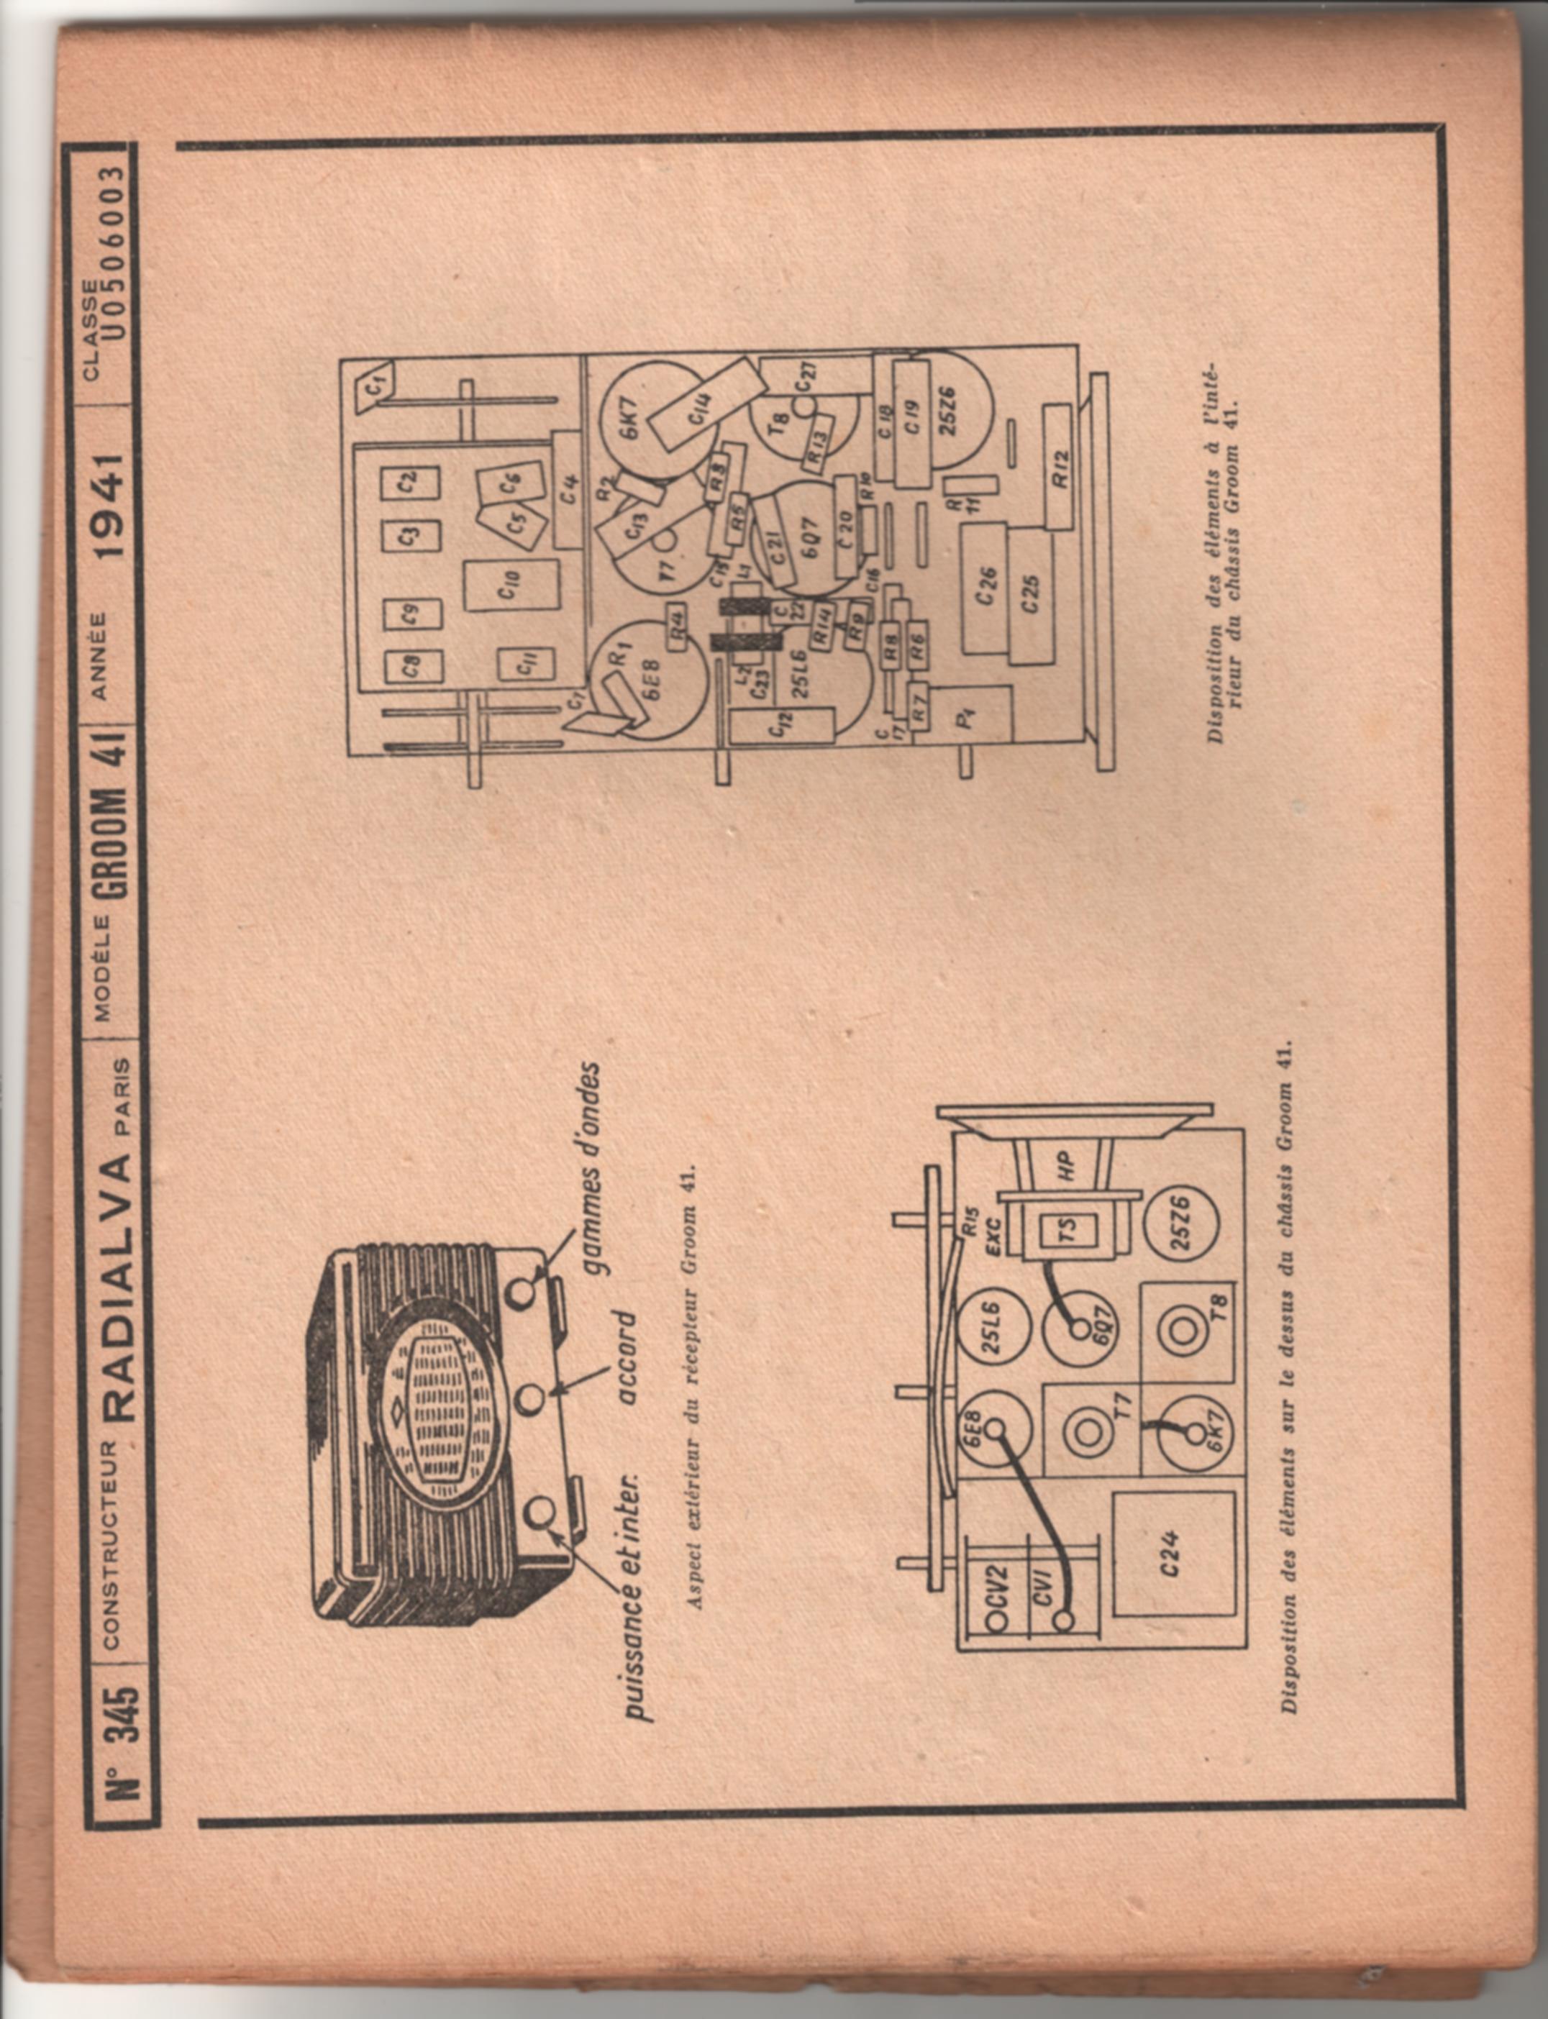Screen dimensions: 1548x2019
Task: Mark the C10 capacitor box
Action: (x=511, y=585)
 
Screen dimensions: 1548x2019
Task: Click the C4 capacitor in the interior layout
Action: (x=570, y=488)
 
